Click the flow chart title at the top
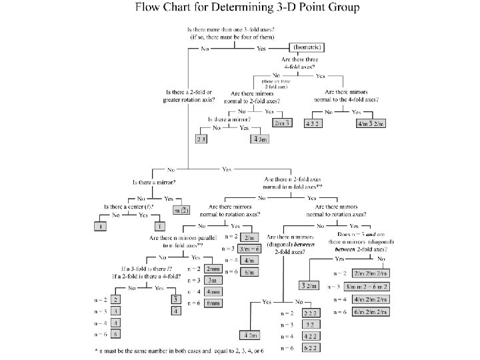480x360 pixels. pyautogui.click(x=247, y=8)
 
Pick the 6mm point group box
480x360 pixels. pyautogui.click(x=214, y=303)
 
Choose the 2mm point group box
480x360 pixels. pyautogui.click(x=214, y=269)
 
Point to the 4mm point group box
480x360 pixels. pyautogui.click(x=214, y=291)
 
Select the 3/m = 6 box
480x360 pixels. pyautogui.click(x=251, y=249)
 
